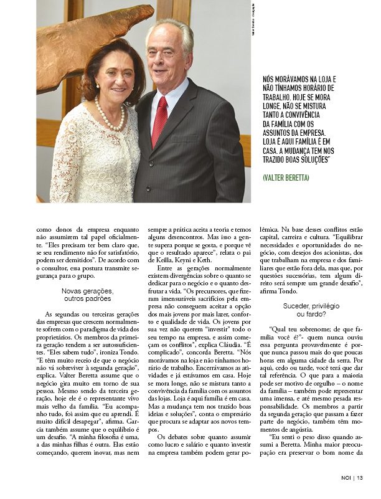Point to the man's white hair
coord(168,28)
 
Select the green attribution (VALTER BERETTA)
coord(286,178)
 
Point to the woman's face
coord(112,78)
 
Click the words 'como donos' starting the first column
coord(53,229)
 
